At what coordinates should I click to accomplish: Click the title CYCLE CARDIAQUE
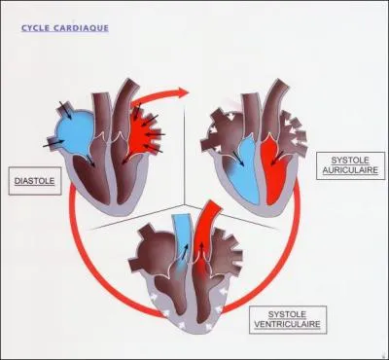click(64, 28)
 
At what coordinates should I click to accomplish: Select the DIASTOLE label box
click(33, 180)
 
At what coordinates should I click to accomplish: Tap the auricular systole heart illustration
click(258, 151)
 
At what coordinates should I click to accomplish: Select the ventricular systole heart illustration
click(194, 272)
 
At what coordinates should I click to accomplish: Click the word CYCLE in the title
click(38, 28)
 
